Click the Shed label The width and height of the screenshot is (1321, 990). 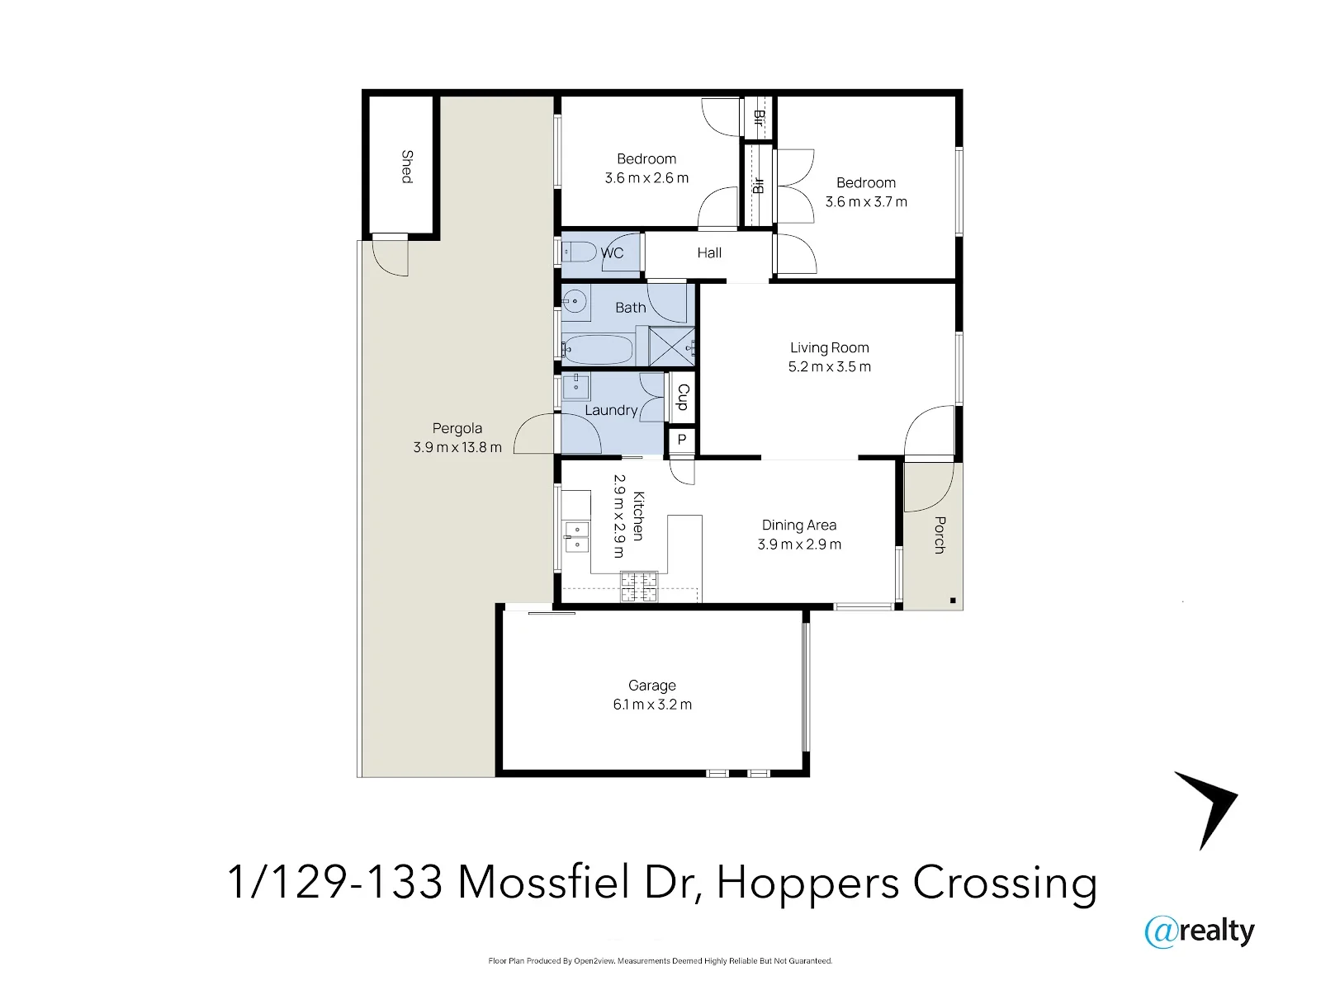(x=407, y=167)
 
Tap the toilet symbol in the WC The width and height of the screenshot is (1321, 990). (x=579, y=252)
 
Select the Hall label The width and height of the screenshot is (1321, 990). (x=709, y=253)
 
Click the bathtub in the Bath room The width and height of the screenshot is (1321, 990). (x=598, y=350)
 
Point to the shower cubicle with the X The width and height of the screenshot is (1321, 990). (x=672, y=346)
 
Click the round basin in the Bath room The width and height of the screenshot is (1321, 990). (x=575, y=300)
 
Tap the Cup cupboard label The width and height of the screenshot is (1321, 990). (x=683, y=397)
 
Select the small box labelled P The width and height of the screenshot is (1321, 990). (x=682, y=440)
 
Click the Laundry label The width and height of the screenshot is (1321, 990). (x=611, y=410)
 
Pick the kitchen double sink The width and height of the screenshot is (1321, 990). (x=576, y=537)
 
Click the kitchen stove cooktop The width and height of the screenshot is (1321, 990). (x=639, y=587)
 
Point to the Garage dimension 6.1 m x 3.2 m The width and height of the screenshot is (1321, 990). (x=652, y=705)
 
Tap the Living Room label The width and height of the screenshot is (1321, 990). (x=829, y=347)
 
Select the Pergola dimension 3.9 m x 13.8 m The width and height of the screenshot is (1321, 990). (x=457, y=447)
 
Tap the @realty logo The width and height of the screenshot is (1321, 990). (x=1200, y=931)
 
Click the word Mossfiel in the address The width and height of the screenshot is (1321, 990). (x=543, y=883)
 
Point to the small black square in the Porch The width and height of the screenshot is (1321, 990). (x=953, y=601)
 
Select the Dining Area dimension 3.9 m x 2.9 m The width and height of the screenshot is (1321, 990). (x=799, y=544)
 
